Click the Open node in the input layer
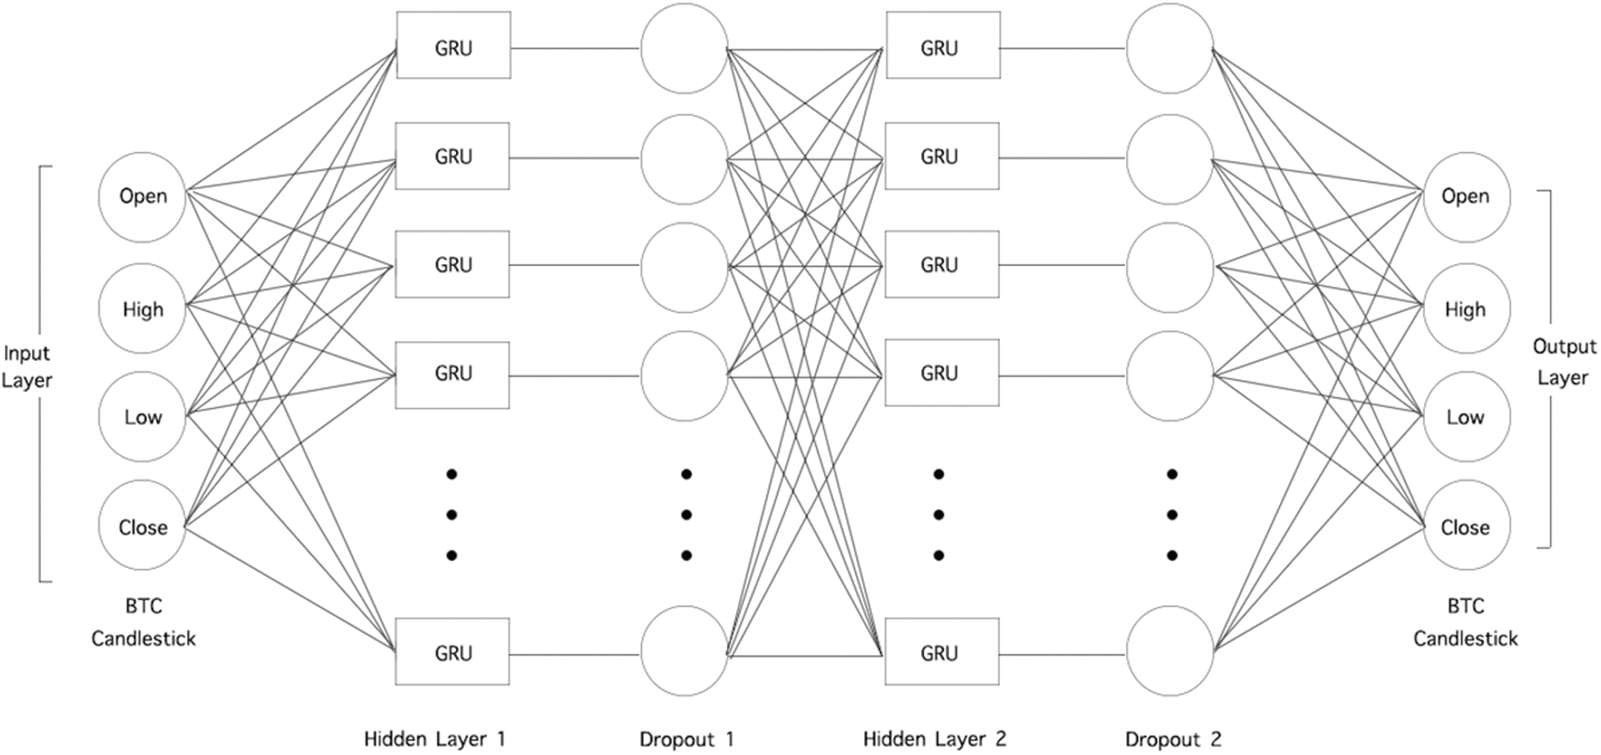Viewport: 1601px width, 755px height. point(142,197)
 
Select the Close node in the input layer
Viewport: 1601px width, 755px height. point(142,526)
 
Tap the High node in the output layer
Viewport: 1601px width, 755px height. point(1465,310)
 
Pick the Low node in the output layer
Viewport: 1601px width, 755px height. point(1465,417)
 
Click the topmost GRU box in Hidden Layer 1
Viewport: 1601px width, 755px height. point(454,46)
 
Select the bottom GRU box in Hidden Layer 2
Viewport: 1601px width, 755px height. point(942,652)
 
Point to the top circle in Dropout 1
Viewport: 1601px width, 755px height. point(684,48)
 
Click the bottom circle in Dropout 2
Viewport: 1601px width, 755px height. point(1170,650)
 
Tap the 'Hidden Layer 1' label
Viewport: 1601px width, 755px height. point(435,739)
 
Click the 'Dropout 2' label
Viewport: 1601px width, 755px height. point(1173,739)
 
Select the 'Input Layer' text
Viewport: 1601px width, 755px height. point(26,366)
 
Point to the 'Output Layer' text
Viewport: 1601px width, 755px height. point(1563,362)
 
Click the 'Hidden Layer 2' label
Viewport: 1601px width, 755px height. point(934,739)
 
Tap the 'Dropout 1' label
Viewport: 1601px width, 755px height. point(686,739)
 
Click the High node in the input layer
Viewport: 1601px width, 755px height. point(142,310)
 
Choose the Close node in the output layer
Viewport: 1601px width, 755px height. point(1465,526)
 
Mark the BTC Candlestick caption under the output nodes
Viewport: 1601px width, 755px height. point(1465,622)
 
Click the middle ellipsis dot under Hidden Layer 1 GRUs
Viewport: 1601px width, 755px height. point(451,515)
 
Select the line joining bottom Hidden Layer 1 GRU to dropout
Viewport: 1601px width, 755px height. point(575,655)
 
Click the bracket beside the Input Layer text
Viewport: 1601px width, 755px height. point(41,374)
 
